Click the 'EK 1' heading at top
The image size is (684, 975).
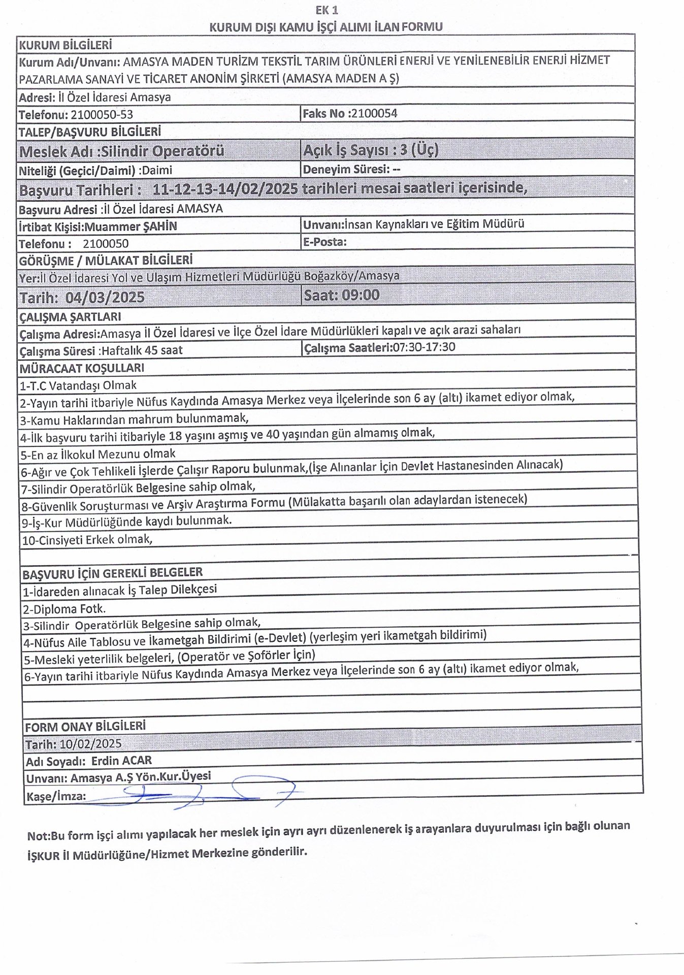327,10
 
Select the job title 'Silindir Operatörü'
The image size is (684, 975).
163,151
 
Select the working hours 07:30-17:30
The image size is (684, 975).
424,347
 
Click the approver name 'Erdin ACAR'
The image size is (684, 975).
121,761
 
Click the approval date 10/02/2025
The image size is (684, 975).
90,744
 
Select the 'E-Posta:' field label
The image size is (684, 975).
324,242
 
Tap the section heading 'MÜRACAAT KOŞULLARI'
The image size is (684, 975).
82,368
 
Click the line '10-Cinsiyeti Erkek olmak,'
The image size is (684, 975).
87,539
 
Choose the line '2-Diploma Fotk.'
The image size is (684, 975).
64,608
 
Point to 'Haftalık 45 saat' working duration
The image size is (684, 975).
142,350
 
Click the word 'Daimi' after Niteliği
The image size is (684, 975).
157,171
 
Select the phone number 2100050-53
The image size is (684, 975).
102,115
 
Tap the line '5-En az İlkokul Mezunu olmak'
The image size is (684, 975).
98,454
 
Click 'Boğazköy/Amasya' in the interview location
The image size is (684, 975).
351,276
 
